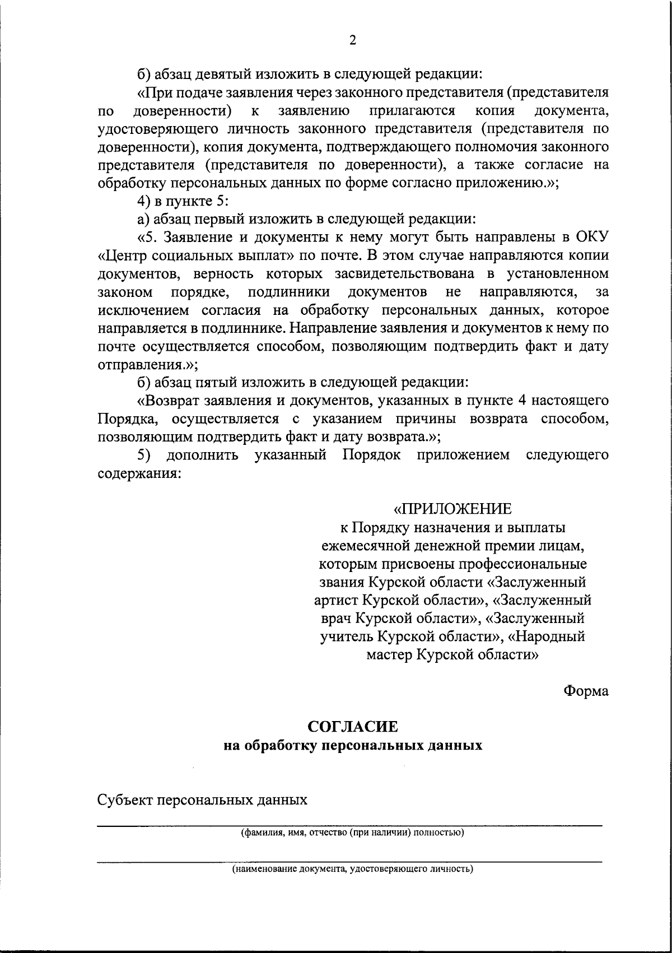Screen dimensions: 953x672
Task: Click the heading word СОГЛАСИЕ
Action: pos(353,727)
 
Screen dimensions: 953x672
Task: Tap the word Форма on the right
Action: pos(586,691)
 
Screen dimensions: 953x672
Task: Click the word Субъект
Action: pos(125,799)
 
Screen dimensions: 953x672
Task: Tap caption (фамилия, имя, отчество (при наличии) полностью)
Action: pos(351,833)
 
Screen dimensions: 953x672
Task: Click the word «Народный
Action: pos(550,636)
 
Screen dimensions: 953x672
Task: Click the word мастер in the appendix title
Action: pos(389,654)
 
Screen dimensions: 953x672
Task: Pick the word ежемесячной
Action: pos(366,545)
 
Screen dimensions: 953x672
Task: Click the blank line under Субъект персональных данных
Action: pos(350,822)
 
